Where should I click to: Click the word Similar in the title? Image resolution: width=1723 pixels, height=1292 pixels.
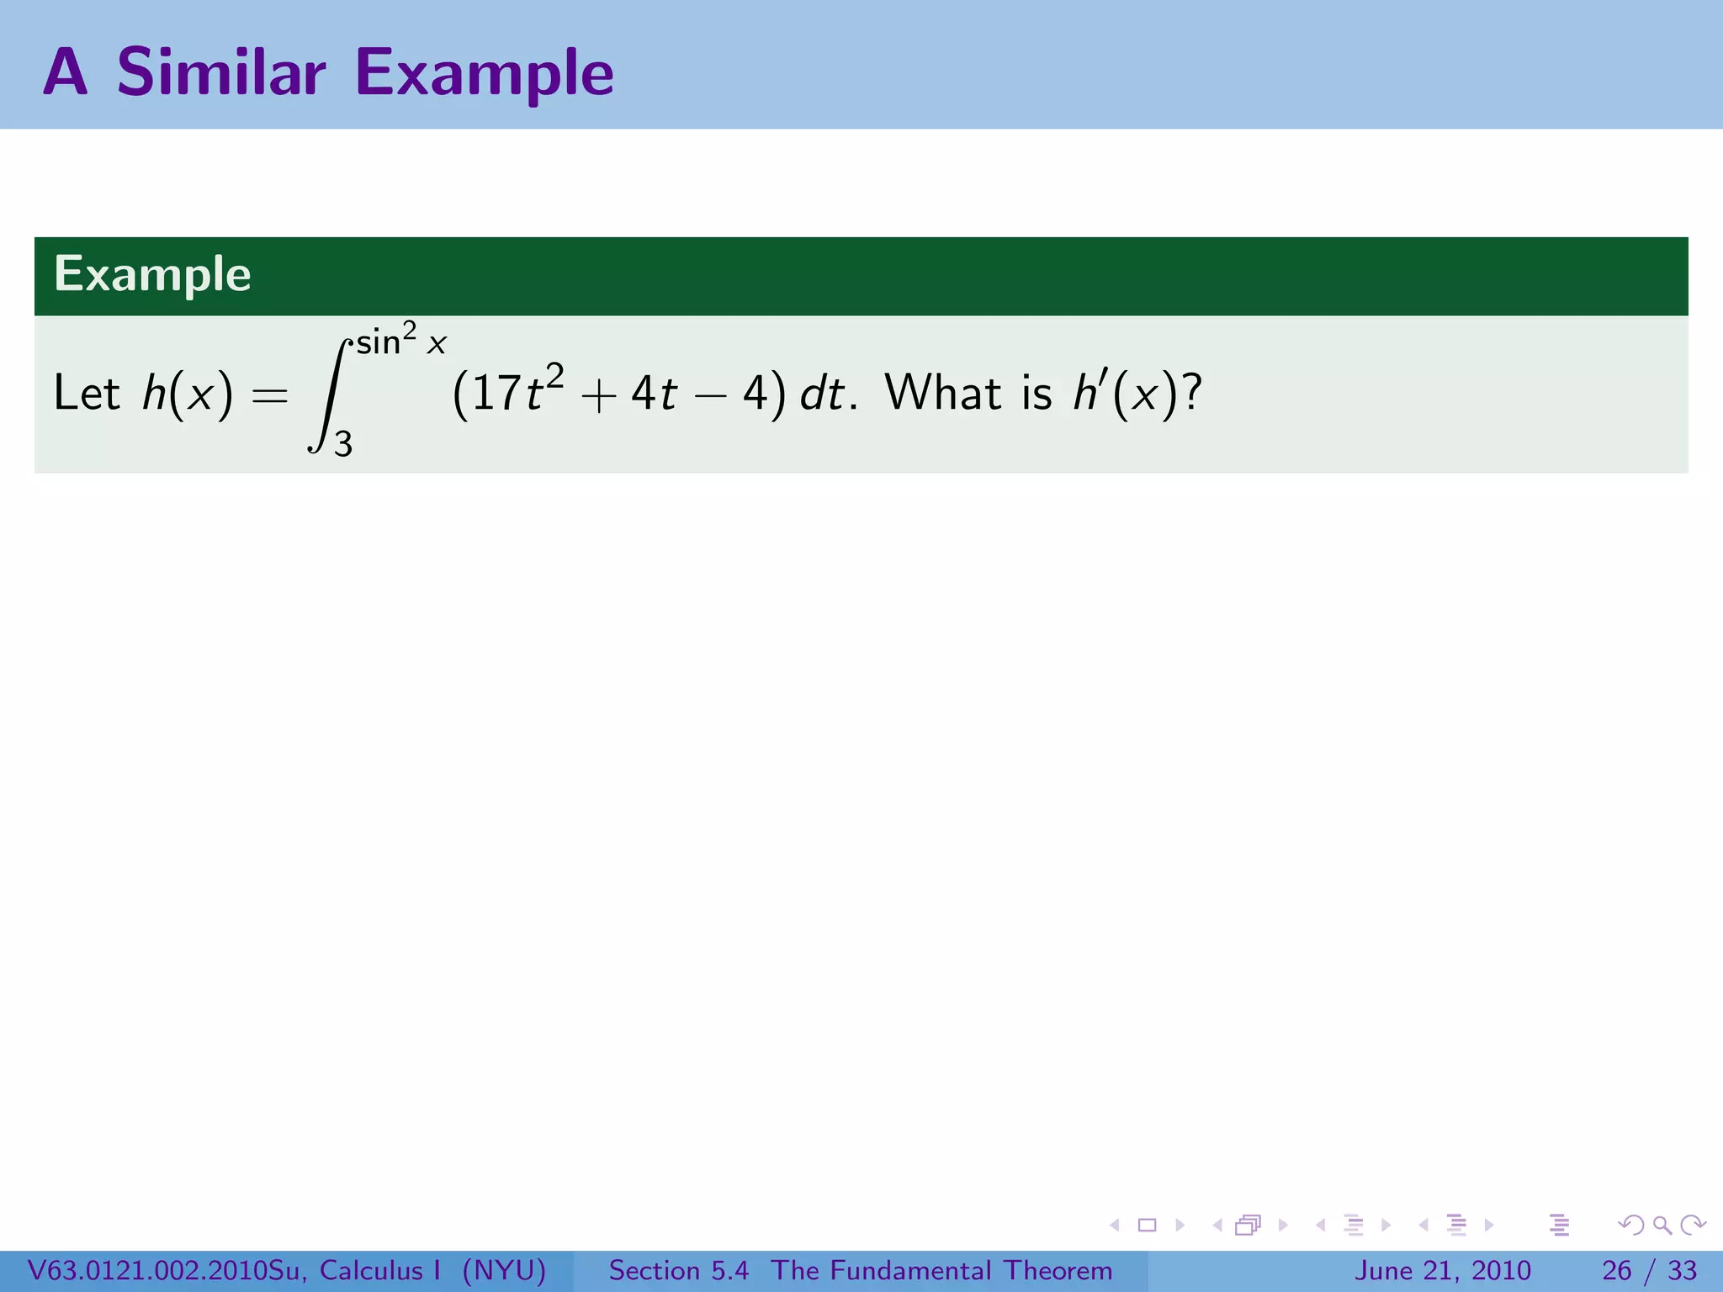(220, 72)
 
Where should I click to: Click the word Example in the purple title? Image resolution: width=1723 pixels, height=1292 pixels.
(484, 74)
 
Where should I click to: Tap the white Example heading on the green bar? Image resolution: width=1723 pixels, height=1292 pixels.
(152, 274)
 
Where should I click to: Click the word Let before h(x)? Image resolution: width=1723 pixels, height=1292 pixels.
(86, 393)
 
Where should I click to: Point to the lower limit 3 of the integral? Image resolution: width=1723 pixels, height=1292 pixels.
(343, 443)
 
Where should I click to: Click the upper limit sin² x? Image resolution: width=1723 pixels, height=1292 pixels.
(400, 340)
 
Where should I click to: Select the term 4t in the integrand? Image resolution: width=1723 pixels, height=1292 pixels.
(654, 393)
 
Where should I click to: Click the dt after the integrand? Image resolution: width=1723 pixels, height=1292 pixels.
(822, 393)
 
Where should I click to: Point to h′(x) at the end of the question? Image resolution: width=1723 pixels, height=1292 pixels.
(1126, 393)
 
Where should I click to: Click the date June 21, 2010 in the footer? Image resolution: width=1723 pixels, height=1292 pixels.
(1442, 1270)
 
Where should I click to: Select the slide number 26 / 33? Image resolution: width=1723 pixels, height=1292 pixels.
(1649, 1270)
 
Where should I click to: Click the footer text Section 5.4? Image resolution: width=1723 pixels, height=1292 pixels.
(678, 1270)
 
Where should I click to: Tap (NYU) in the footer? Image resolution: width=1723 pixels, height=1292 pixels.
(504, 1270)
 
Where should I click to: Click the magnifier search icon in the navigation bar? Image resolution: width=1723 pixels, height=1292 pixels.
(1662, 1225)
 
